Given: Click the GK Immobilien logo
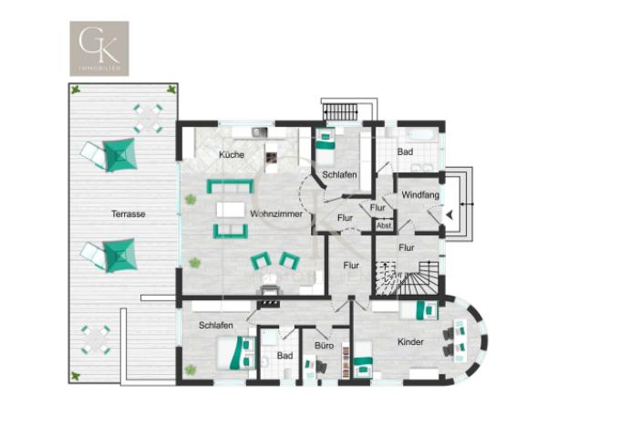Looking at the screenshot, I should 99,48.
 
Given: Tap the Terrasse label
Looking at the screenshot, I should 129,214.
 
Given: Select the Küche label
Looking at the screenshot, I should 232,155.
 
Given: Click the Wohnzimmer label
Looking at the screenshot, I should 276,214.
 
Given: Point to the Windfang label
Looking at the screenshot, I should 418,194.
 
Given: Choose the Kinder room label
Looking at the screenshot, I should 410,342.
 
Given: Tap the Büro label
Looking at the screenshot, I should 324,347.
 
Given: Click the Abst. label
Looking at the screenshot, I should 384,226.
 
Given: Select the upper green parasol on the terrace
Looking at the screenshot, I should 119,155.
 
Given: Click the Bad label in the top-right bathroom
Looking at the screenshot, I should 405,151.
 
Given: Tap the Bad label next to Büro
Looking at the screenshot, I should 284,356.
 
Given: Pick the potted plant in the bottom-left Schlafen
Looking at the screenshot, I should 191,370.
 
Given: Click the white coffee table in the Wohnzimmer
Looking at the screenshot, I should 231,210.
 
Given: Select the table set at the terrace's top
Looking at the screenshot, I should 148,116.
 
